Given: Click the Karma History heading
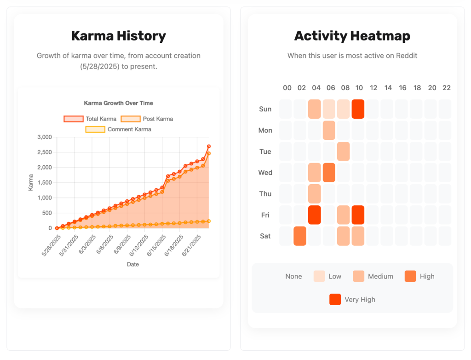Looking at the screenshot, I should pos(118,35).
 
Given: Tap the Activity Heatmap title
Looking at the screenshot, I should pos(352,35).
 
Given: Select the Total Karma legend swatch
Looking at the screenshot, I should pos(74,119).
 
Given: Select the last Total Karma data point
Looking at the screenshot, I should pos(208,146).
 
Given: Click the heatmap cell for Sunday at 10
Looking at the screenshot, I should pos(358,109).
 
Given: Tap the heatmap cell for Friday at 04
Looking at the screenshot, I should pos(315,215).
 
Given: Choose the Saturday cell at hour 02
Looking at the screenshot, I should pos(300,236).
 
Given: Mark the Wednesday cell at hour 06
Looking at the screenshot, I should pos(329,173).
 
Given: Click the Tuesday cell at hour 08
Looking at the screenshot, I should pos(344,151).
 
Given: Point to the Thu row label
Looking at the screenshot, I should pos(265,194).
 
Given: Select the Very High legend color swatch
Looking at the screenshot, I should pos(335,299).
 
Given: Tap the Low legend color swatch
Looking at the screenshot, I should pos(319,276).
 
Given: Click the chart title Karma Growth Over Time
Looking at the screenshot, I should pos(118,103).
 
